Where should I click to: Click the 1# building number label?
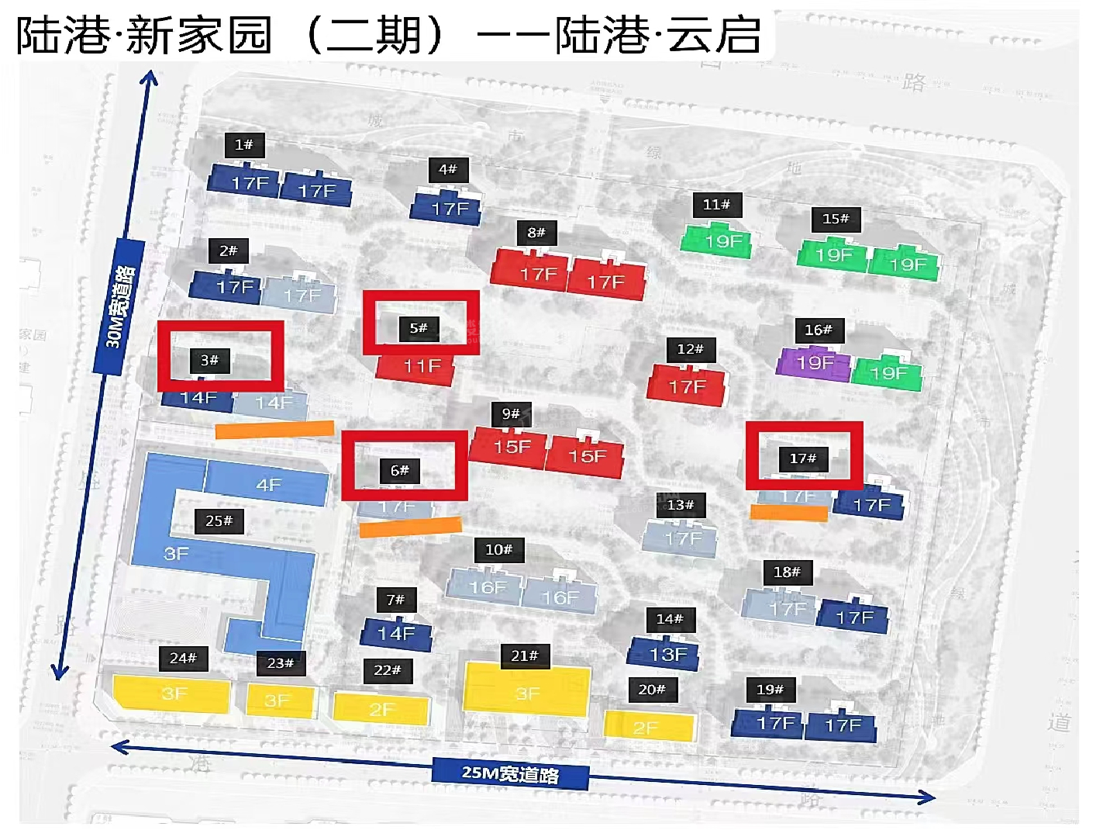tap(244, 145)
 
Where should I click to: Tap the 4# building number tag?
tap(448, 170)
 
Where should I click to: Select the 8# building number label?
tap(536, 233)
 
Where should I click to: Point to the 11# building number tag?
tap(716, 205)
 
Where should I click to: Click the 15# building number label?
tap(836, 220)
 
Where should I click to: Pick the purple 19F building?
tap(813, 362)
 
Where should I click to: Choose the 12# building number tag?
tap(690, 349)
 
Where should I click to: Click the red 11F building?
tap(422, 366)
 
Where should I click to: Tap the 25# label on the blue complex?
tap(219, 521)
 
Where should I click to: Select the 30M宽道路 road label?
tap(120, 307)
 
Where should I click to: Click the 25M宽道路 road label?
tap(510, 773)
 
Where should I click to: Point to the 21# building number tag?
tap(524, 656)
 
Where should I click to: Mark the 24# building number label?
tap(183, 659)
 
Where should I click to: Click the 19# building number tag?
tap(770, 690)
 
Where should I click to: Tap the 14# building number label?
tap(670, 619)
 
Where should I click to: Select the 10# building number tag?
tap(498, 550)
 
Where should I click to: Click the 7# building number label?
tap(395, 600)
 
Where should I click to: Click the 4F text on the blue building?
tap(268, 486)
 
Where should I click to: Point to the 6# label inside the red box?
tap(399, 471)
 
